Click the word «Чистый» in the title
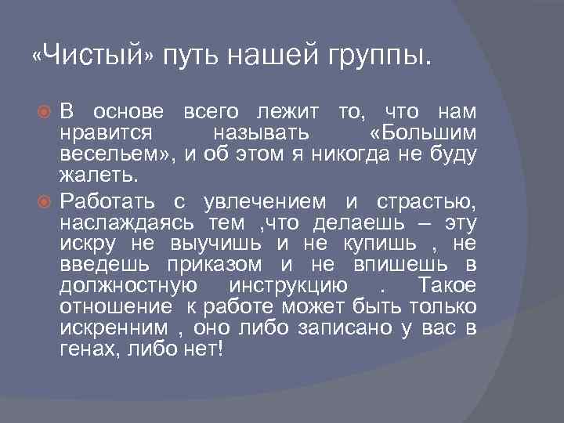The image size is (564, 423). coord(94,56)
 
